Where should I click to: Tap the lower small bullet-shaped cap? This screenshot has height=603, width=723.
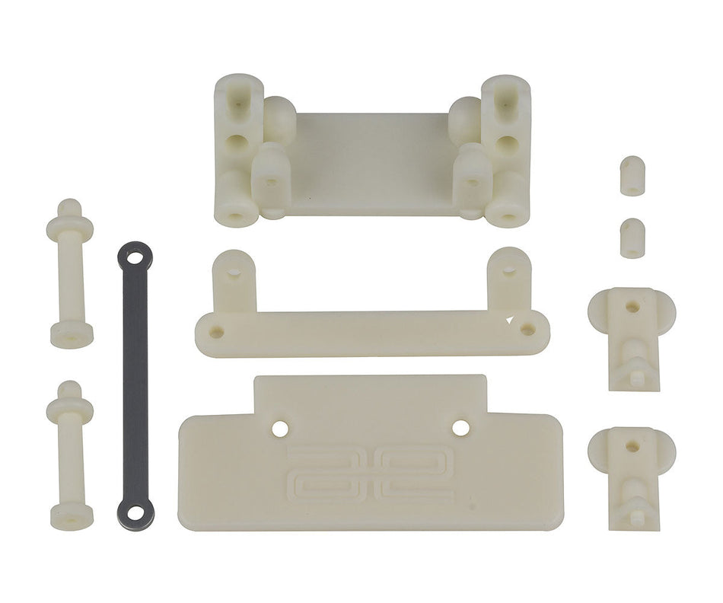pos(629,237)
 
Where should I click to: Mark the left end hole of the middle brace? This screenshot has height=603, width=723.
pos(218,333)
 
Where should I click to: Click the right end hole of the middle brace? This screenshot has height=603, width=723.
pos(524,328)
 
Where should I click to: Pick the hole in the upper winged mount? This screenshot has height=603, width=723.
pos(631,308)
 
